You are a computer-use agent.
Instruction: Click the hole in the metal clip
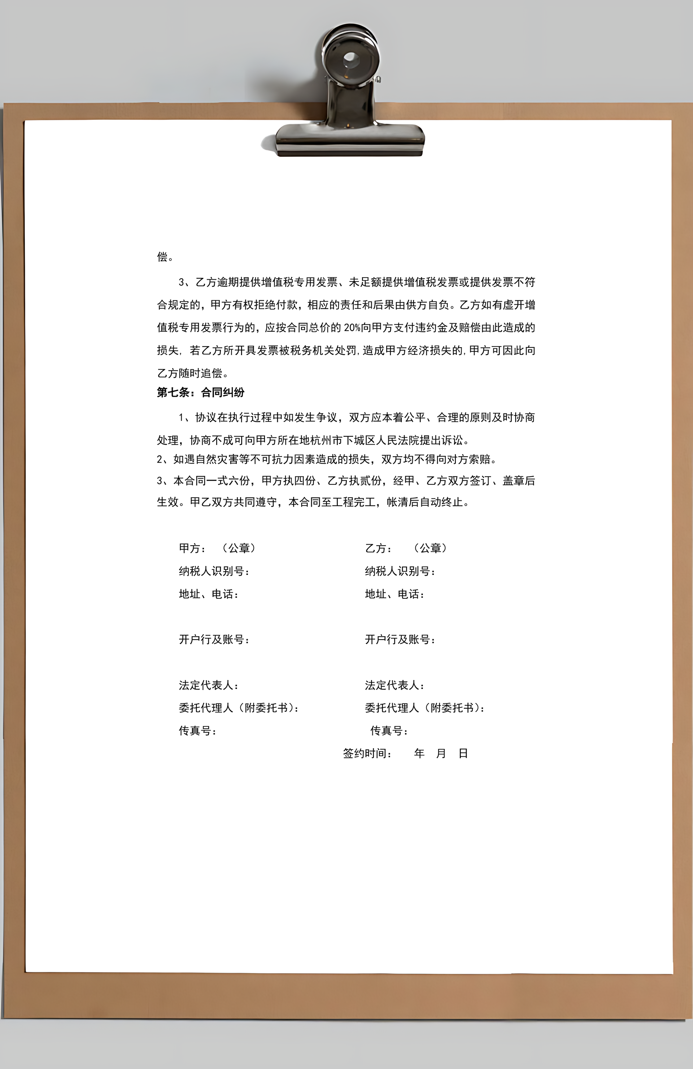pyautogui.click(x=351, y=59)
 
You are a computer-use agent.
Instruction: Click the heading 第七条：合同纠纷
pyautogui.click(x=200, y=392)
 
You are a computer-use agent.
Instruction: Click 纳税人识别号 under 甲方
pyautogui.click(x=214, y=571)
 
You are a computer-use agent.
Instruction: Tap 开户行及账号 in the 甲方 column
pyautogui.click(x=214, y=639)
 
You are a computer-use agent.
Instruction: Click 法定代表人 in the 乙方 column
pyautogui.click(x=395, y=685)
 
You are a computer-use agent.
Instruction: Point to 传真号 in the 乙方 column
pyautogui.click(x=388, y=731)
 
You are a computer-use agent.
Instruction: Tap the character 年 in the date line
pyautogui.click(x=419, y=753)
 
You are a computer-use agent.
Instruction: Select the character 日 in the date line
pyautogui.click(x=463, y=753)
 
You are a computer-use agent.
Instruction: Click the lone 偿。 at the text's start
pyautogui.click(x=165, y=257)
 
